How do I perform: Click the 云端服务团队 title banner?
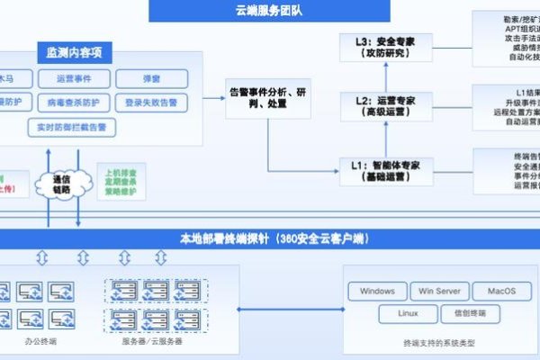coord(269,11)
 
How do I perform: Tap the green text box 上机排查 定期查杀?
coord(122,181)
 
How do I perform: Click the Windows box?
coord(377,291)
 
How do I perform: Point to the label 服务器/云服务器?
coord(152,343)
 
